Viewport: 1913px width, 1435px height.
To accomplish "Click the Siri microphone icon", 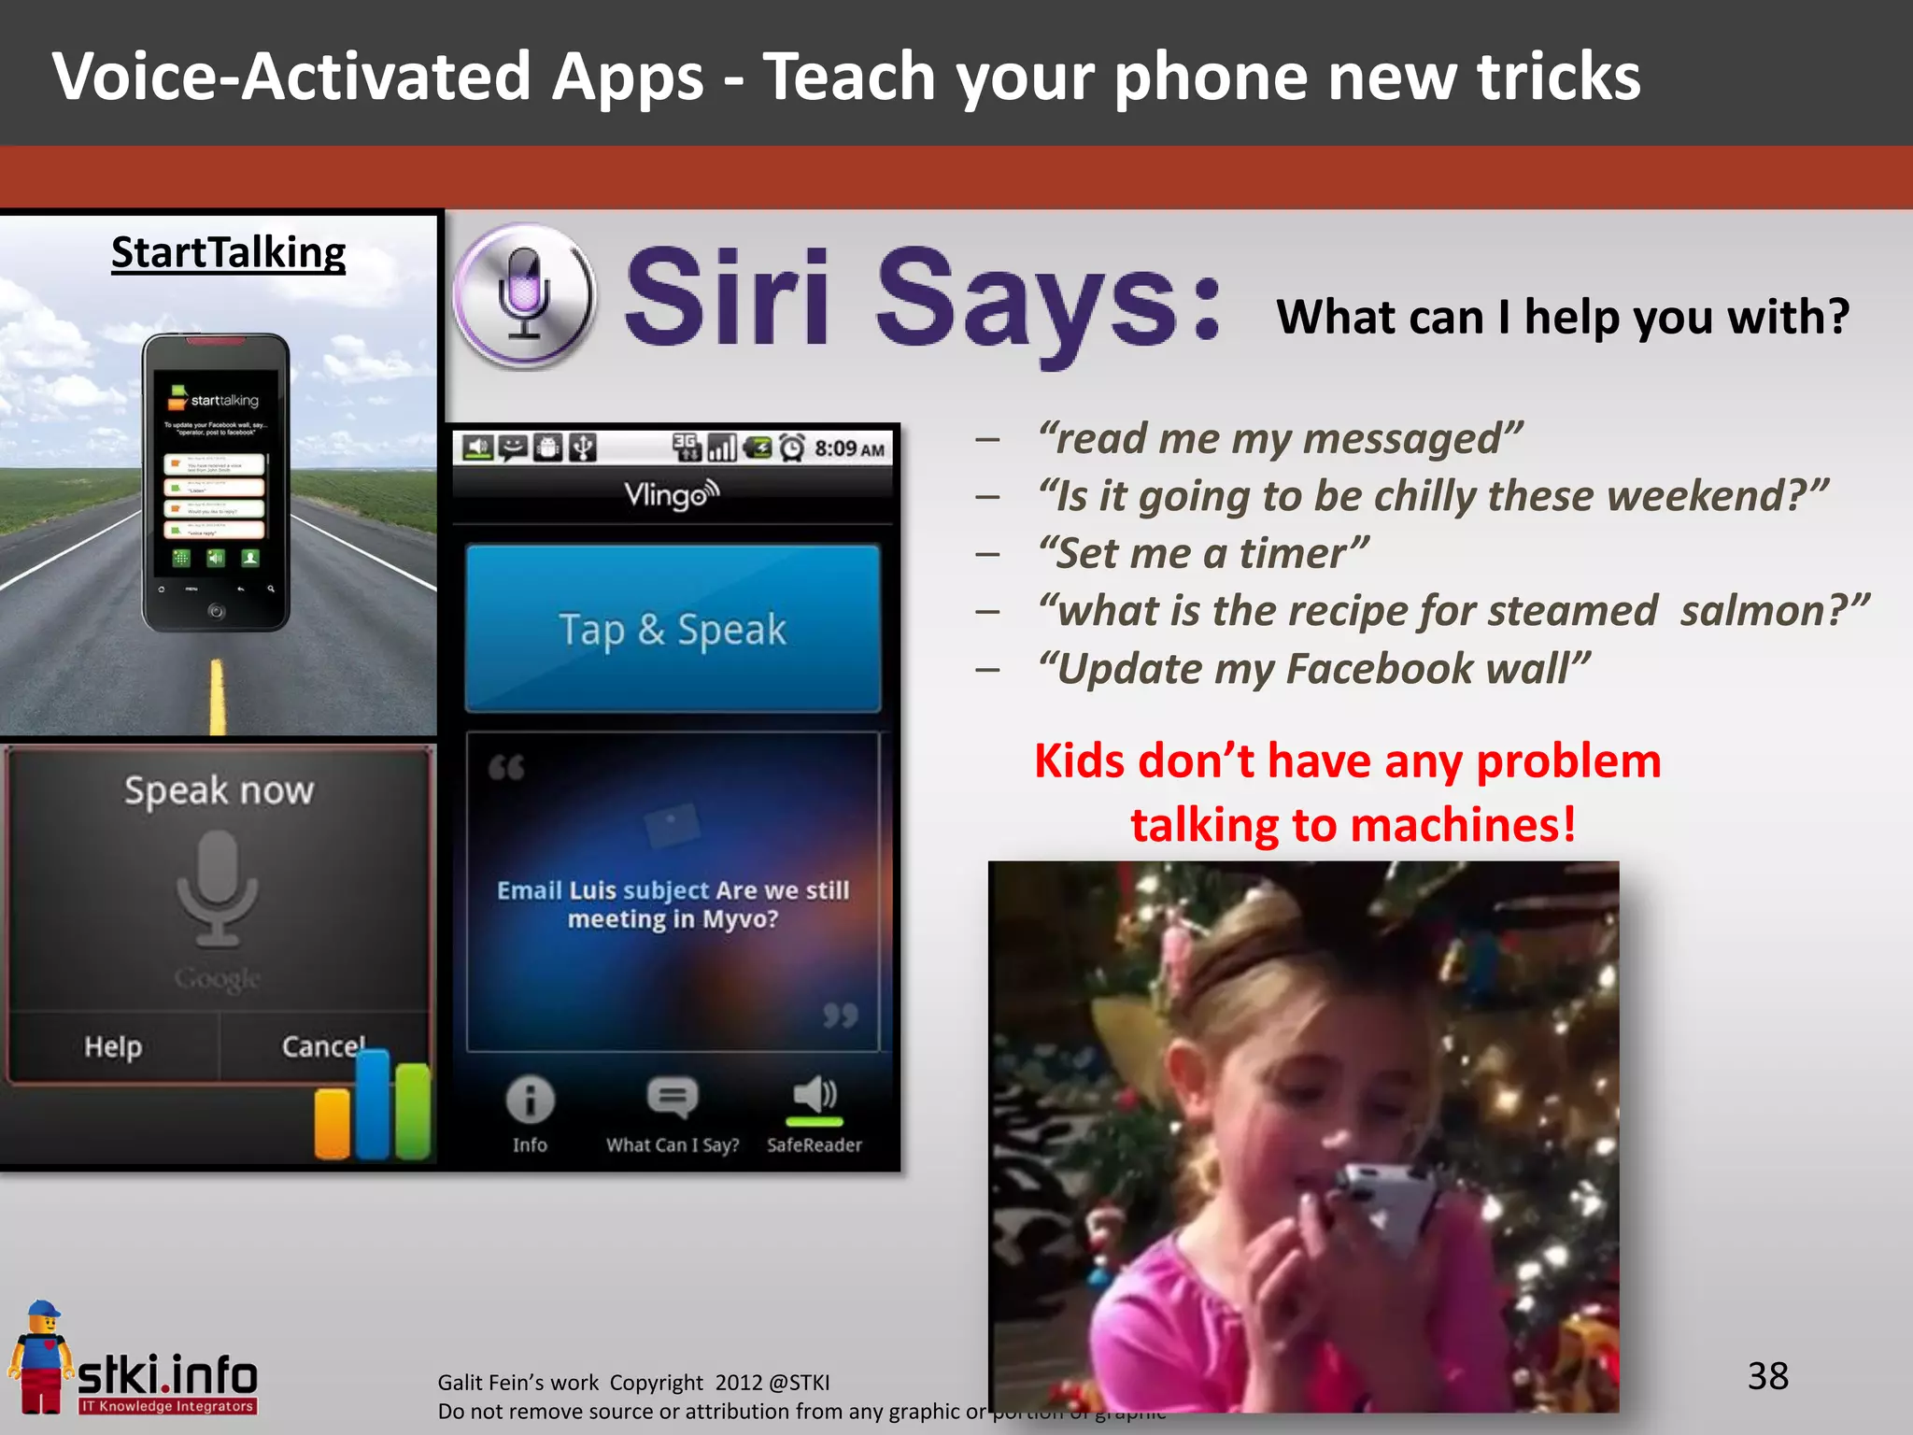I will pyautogui.click(x=524, y=295).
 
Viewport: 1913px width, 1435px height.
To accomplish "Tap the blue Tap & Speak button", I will pyautogui.click(x=673, y=629).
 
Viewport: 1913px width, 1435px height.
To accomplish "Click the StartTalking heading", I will pyautogui.click(x=228, y=252).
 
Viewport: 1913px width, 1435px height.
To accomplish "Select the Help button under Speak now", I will pyautogui.click(x=113, y=1046).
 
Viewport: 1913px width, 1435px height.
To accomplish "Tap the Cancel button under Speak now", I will pyautogui.click(x=323, y=1046).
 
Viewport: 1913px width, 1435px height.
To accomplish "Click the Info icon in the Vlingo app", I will pyautogui.click(x=530, y=1101).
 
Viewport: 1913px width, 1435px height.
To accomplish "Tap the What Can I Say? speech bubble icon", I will pyautogui.click(x=673, y=1098).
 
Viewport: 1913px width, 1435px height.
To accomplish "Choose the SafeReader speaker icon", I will pyautogui.click(x=815, y=1096).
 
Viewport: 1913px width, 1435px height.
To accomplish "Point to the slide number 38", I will pyautogui.click(x=1767, y=1376).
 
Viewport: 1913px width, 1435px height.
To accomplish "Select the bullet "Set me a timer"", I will pyautogui.click(x=1203, y=553).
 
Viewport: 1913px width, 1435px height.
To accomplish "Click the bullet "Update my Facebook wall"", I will pyautogui.click(x=1313, y=669).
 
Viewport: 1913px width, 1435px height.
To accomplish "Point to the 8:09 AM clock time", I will pyautogui.click(x=848, y=449).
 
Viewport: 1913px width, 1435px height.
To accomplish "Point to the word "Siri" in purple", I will pyautogui.click(x=727, y=297).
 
